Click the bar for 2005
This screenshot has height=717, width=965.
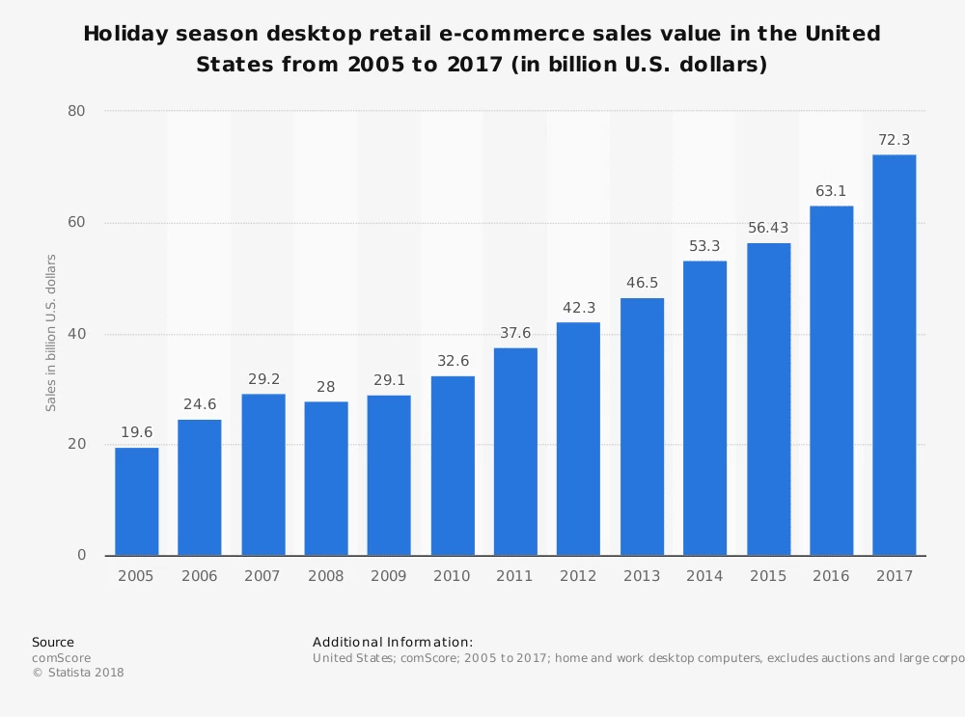tap(136, 502)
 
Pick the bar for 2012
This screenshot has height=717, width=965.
tap(578, 439)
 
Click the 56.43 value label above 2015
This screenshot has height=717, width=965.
tap(768, 228)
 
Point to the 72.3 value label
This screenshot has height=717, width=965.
tap(894, 140)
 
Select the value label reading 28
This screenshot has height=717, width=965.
tap(326, 387)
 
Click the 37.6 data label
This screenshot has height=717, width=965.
tap(515, 333)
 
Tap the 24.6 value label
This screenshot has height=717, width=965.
tap(200, 404)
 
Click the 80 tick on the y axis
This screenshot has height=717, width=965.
tap(76, 111)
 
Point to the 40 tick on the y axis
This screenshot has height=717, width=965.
tap(76, 334)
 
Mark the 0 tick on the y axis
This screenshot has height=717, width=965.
tap(81, 556)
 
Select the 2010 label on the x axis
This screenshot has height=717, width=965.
tap(452, 576)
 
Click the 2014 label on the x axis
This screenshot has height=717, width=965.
tap(704, 576)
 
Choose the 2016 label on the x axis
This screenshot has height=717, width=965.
tap(831, 576)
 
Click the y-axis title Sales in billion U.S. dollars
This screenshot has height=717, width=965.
tap(51, 333)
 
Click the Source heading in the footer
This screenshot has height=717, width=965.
tap(53, 642)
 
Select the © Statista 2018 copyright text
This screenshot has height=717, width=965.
tap(78, 673)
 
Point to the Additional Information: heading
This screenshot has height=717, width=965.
tap(393, 642)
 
